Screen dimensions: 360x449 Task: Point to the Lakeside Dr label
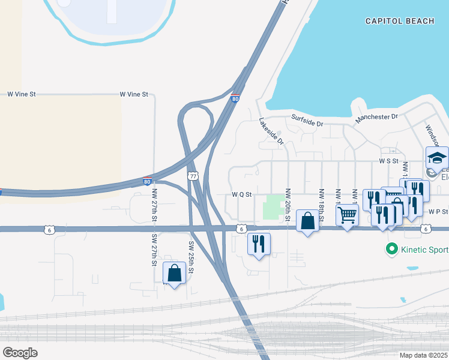coord(271,131)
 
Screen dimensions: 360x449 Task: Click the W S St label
coord(389,161)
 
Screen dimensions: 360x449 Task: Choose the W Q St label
coord(241,194)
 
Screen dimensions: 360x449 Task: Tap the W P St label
coord(439,212)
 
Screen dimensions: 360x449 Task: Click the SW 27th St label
coord(154,250)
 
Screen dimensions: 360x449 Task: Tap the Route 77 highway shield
coord(192,176)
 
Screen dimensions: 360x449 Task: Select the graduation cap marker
coord(437,158)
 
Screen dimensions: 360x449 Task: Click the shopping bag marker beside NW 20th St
coord(307,220)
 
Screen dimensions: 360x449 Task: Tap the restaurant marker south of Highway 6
coord(259,243)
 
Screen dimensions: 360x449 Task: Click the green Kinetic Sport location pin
coord(392,248)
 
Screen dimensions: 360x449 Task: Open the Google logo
coord(20,353)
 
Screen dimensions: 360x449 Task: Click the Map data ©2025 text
coord(423,355)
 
